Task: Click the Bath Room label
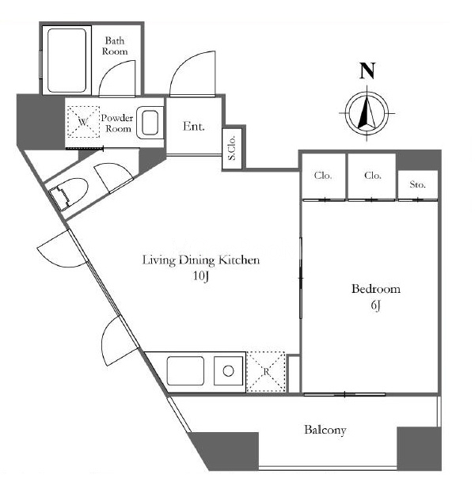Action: (115, 46)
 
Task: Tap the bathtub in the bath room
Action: (66, 60)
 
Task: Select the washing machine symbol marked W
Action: (83, 122)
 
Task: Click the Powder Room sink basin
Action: (150, 123)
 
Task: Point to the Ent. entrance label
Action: (194, 127)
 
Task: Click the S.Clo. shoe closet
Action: (233, 148)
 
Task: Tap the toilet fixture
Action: (68, 193)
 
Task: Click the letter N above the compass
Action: (367, 70)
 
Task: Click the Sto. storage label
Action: (417, 184)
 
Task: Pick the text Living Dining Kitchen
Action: (201, 260)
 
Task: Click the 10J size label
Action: (201, 276)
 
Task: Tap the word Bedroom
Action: (376, 289)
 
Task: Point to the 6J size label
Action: (375, 305)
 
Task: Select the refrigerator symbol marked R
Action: (266, 372)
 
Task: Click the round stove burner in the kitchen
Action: (228, 370)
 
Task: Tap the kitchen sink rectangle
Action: (185, 371)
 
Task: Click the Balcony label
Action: (325, 430)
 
